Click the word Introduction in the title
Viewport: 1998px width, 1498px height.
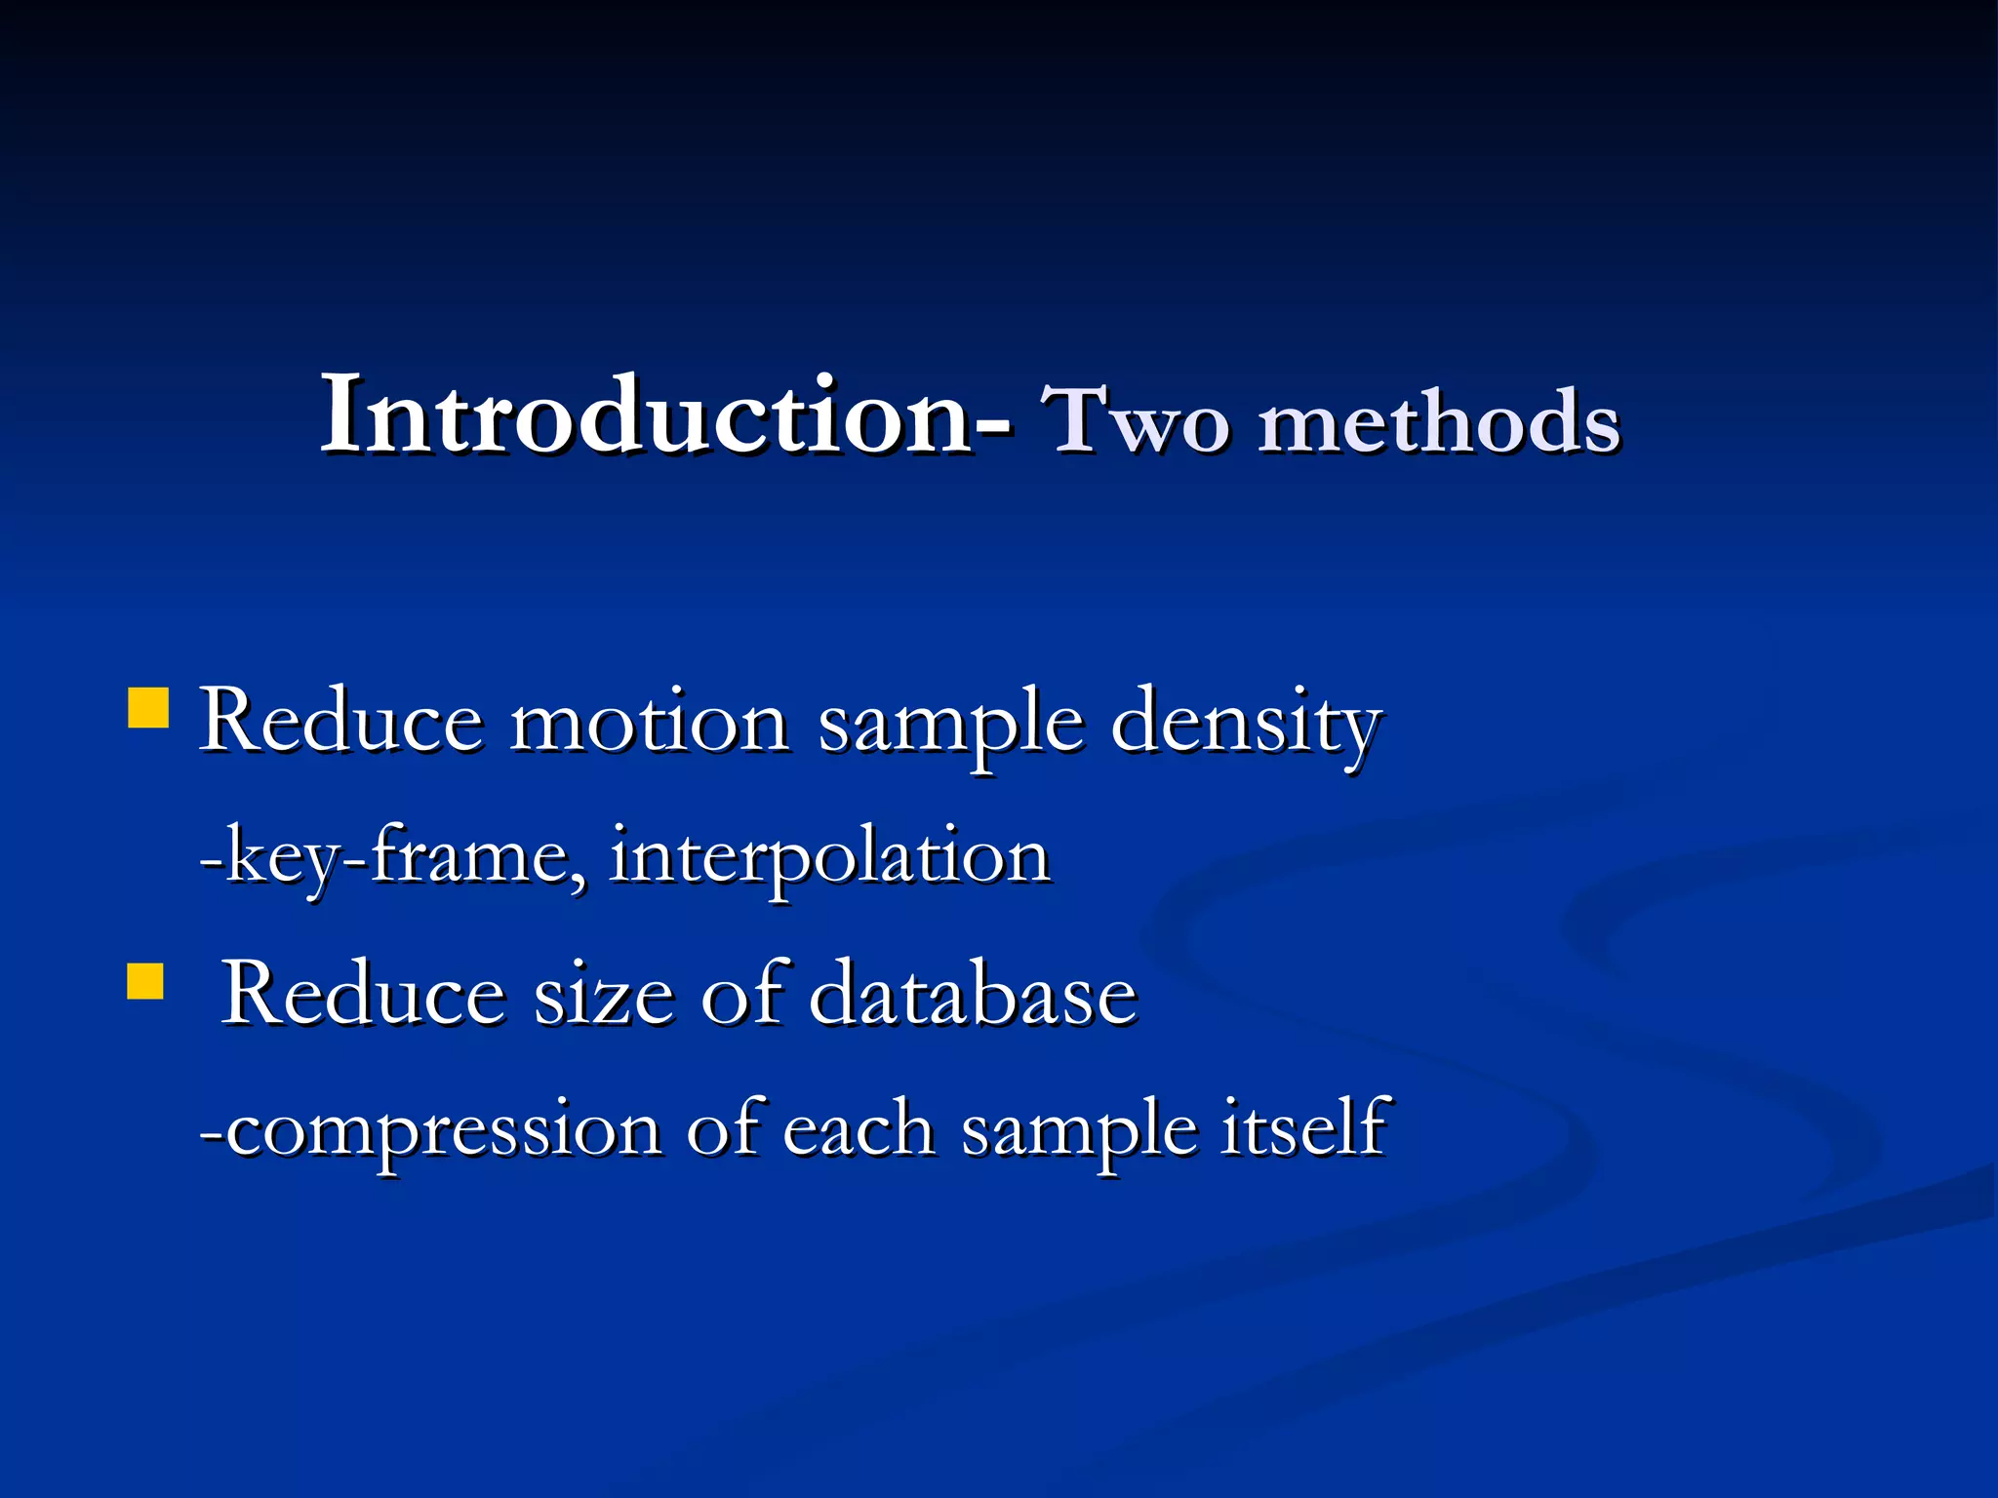click(644, 415)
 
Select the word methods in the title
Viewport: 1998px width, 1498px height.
click(1439, 421)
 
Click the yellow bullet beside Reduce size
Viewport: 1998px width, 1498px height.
click(146, 981)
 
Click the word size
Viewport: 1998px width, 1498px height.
click(604, 995)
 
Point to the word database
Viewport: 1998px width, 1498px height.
click(973, 995)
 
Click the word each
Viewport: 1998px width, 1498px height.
click(859, 1129)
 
